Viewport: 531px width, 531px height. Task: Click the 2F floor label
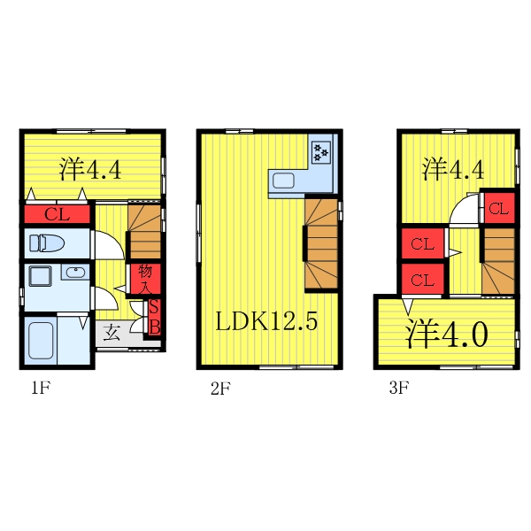coord(220,387)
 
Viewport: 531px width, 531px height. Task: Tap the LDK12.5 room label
coord(266,321)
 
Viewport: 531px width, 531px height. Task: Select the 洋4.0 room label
coord(447,335)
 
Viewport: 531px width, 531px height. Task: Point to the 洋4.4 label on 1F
coord(90,168)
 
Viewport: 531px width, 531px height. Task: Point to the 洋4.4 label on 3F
coord(452,168)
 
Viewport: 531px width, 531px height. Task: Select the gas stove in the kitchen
coord(320,151)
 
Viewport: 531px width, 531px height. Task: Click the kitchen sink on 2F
coord(284,181)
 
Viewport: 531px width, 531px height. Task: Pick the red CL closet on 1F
coord(57,214)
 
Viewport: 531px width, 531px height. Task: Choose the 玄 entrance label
coord(112,334)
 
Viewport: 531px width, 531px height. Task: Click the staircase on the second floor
coord(321,243)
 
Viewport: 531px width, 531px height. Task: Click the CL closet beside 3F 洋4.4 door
coord(498,209)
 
